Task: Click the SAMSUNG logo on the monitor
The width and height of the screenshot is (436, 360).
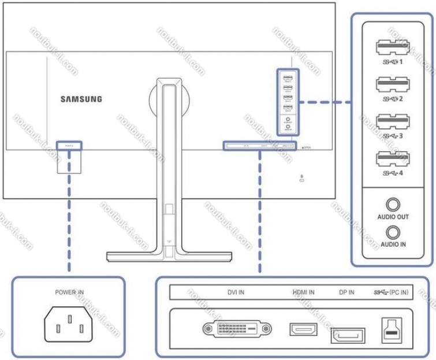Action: coord(81,99)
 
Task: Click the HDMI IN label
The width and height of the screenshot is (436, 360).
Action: coord(303,292)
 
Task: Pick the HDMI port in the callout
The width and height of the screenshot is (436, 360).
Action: coord(303,330)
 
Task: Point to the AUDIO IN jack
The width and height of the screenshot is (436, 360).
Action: coord(394,232)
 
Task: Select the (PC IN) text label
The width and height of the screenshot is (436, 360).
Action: coord(399,292)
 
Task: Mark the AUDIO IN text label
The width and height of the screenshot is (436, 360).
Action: coord(393,244)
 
